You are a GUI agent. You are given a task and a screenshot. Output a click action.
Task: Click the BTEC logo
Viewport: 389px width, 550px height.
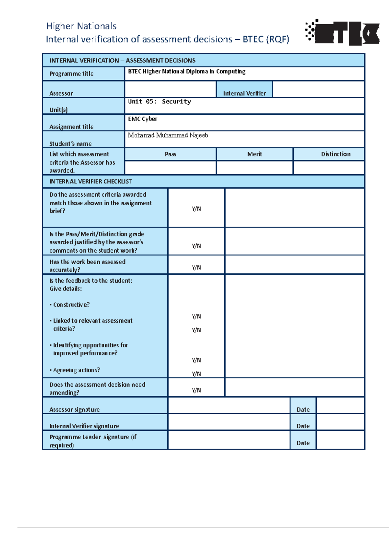tap(342, 32)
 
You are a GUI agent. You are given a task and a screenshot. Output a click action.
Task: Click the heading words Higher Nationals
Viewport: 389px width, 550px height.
tap(81, 26)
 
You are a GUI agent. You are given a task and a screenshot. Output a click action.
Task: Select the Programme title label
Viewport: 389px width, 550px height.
tap(71, 74)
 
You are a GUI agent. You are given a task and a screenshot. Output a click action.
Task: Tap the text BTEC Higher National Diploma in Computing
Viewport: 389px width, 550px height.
tap(186, 72)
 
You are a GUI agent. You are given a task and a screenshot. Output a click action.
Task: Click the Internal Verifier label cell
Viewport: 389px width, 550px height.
tap(244, 93)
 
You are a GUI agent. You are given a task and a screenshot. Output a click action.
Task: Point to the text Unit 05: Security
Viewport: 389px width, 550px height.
tap(159, 102)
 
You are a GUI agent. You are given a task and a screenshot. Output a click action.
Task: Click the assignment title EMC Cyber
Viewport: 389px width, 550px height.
tap(143, 119)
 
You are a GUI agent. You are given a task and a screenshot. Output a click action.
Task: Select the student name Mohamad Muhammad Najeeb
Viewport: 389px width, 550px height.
tap(168, 135)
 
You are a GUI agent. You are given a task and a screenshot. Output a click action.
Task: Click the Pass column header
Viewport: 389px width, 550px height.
tap(170, 154)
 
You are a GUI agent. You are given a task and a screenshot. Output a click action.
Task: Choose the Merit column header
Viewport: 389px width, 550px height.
tap(254, 154)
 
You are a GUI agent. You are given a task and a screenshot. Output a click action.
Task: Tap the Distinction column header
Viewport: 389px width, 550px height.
tap(336, 154)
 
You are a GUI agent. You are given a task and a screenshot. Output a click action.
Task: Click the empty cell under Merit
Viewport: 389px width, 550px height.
tap(254, 168)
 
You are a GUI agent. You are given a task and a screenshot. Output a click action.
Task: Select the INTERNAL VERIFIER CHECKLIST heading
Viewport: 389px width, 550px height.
tap(90, 182)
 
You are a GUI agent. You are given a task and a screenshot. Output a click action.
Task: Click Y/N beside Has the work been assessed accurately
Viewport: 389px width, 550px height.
tap(196, 268)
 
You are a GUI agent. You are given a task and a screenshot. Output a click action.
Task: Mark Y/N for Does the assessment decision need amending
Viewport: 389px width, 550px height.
tap(196, 390)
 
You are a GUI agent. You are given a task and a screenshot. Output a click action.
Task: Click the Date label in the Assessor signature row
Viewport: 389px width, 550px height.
tap(303, 410)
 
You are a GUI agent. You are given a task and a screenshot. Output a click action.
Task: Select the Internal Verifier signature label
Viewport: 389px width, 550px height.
tap(84, 426)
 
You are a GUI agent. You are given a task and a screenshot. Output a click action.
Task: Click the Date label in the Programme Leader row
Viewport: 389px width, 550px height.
tap(303, 443)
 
